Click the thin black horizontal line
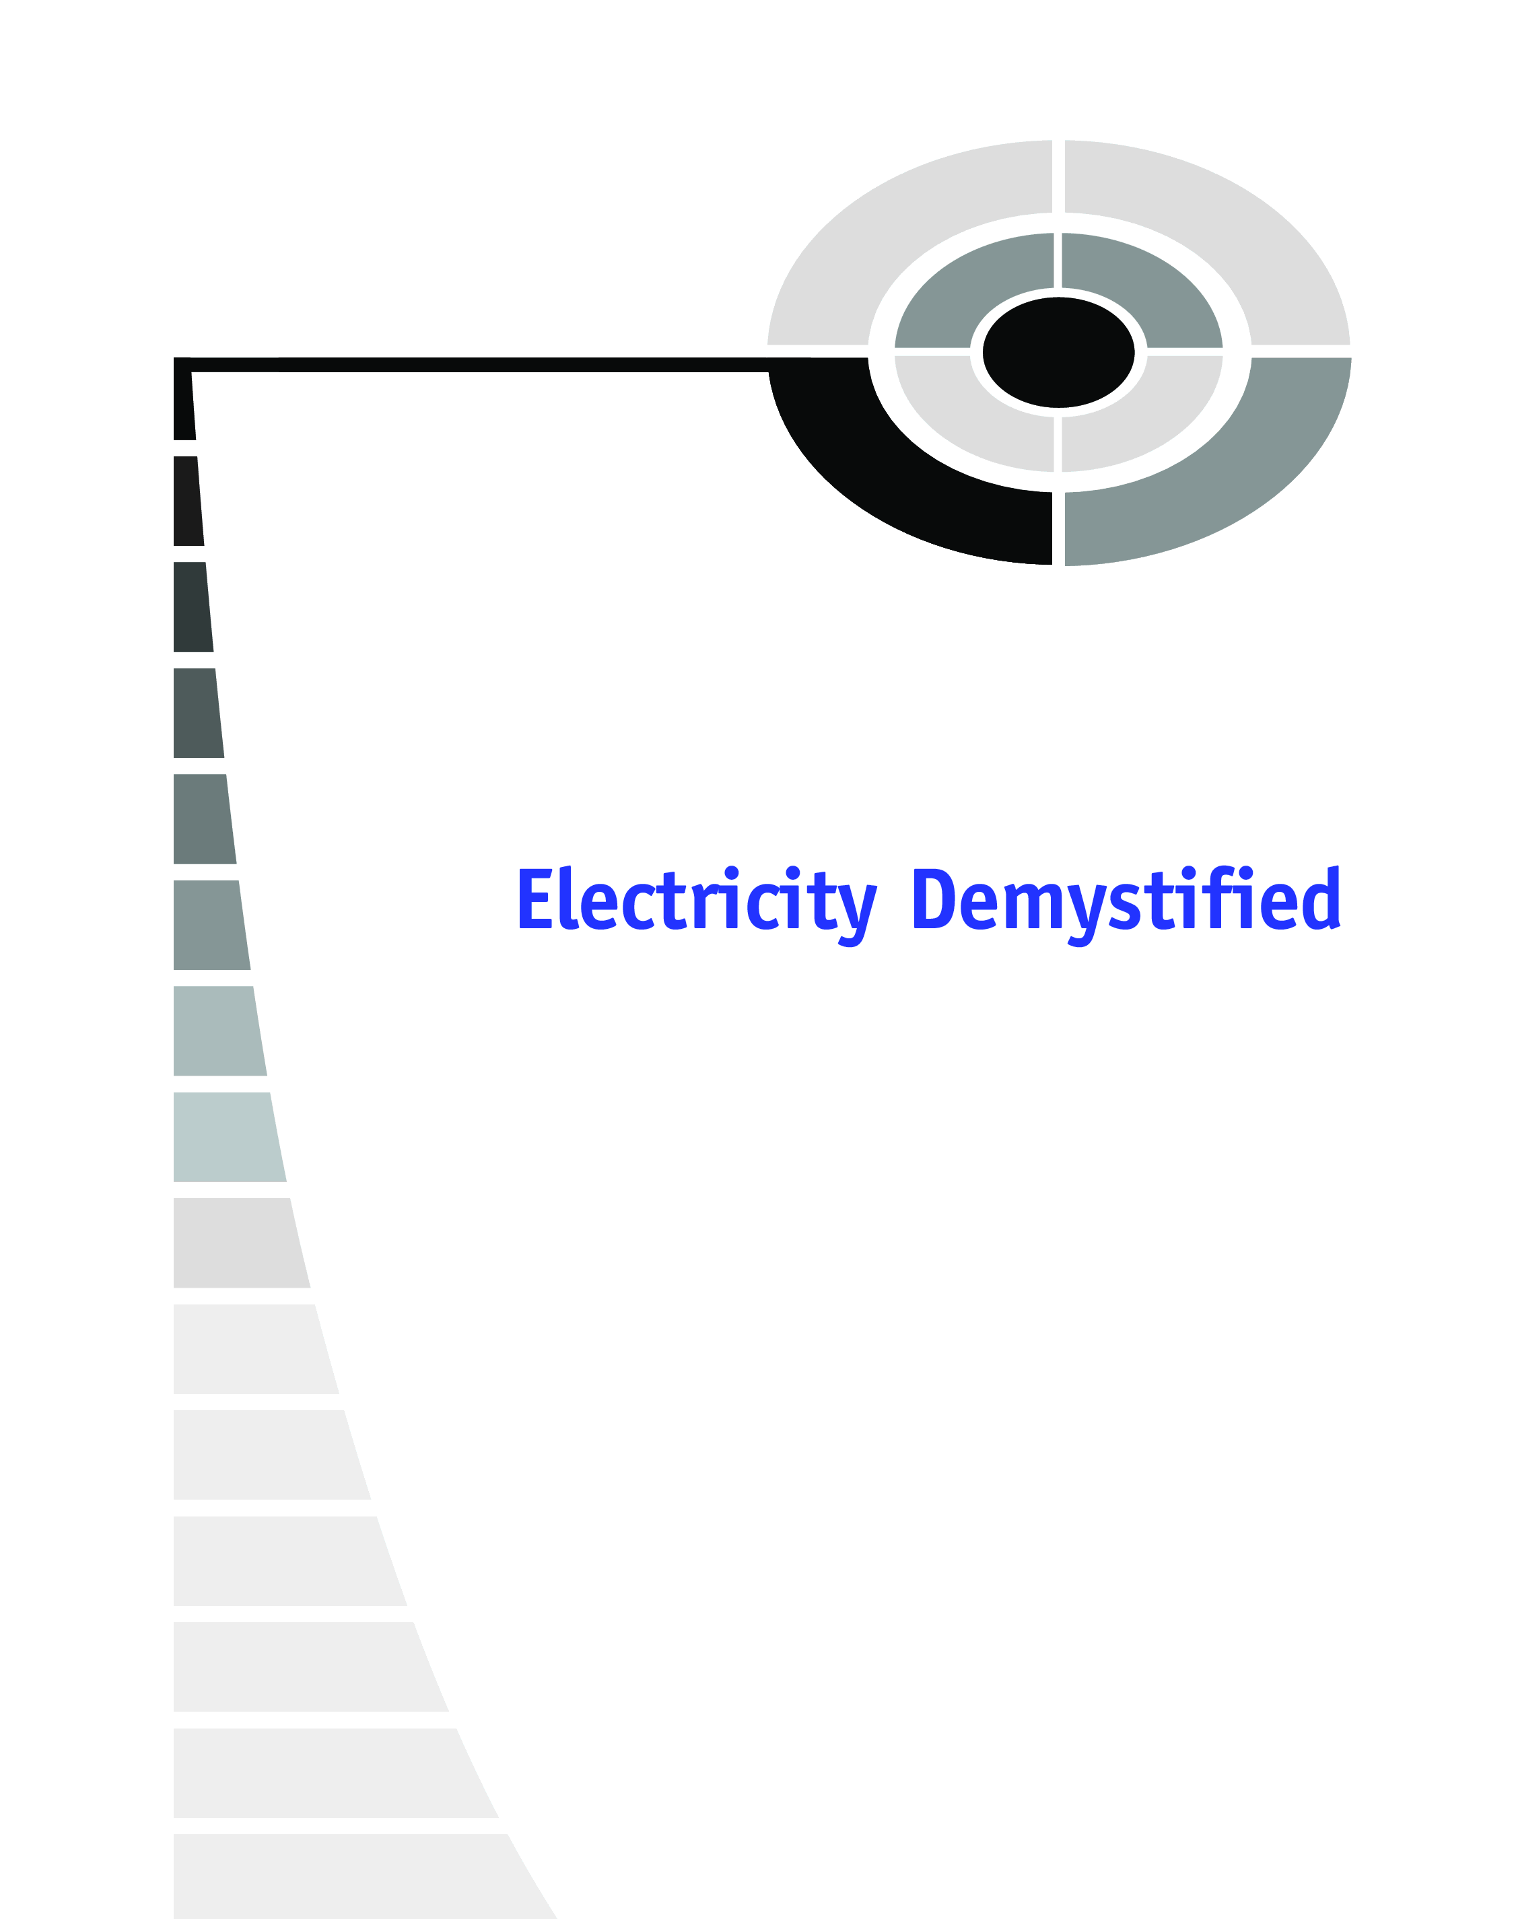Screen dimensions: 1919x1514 pos(479,364)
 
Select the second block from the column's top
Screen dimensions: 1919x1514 pos(188,501)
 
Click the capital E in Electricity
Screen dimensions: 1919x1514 pos(535,899)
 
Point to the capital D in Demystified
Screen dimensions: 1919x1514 pos(934,899)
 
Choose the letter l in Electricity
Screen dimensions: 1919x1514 pos(568,897)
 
